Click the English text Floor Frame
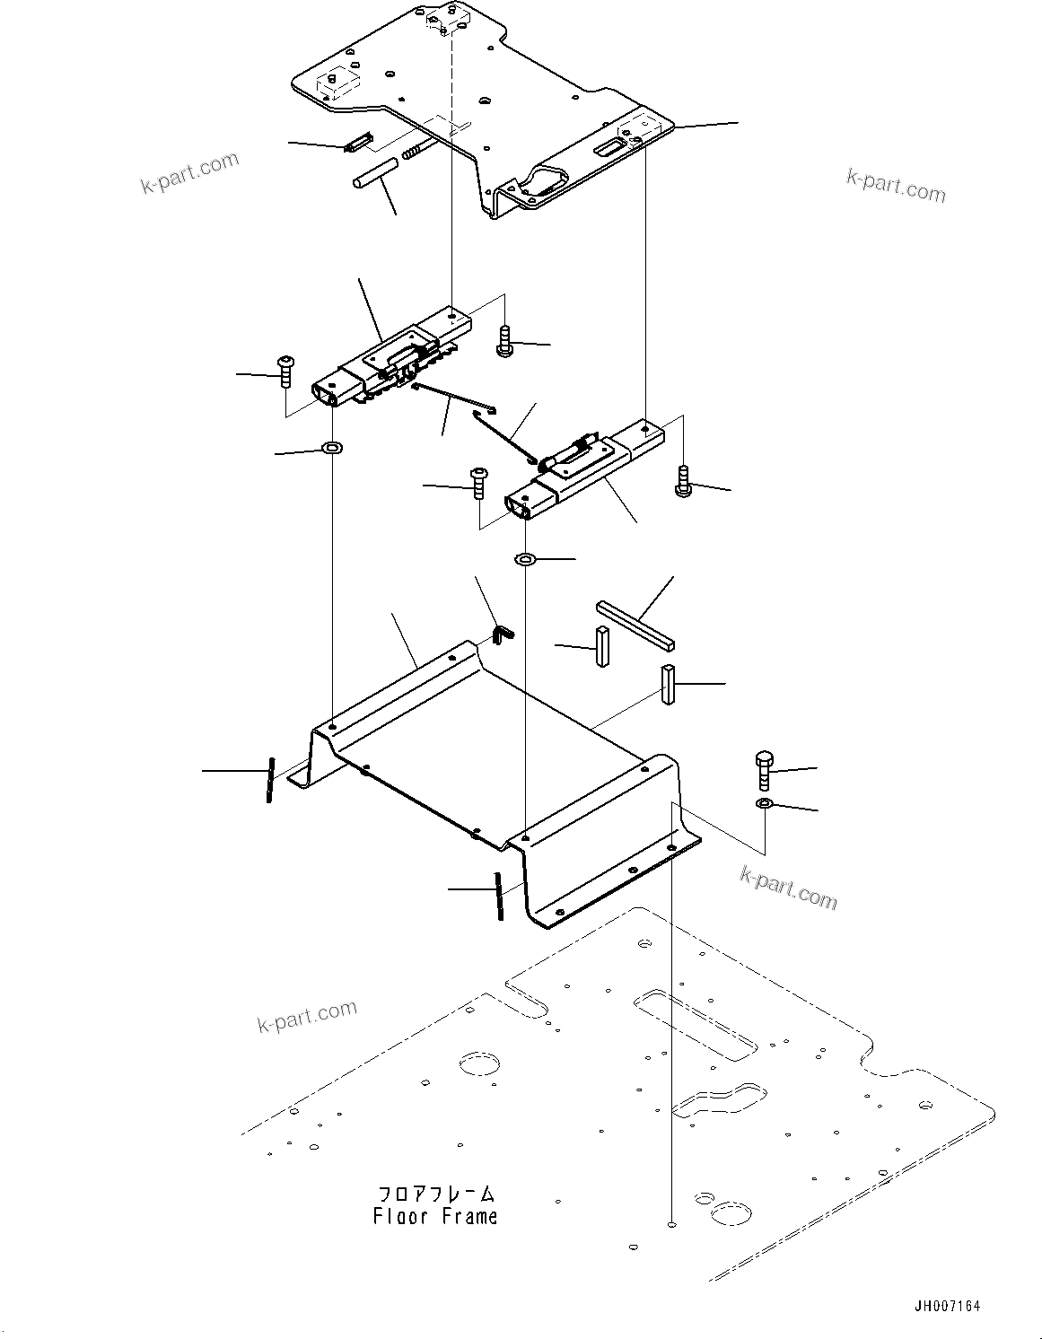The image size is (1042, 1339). click(x=435, y=1217)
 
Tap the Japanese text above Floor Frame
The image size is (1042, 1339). click(x=435, y=1195)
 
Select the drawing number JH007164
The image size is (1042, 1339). click(x=947, y=1305)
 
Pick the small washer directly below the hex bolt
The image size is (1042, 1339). click(x=764, y=801)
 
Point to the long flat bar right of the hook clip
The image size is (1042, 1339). click(x=635, y=625)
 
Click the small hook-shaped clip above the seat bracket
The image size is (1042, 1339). click(x=504, y=634)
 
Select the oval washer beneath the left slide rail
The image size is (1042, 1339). click(x=333, y=446)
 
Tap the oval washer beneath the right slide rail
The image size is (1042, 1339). click(x=525, y=560)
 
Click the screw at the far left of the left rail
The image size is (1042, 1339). click(x=285, y=372)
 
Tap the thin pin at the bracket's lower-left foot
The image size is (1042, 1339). click(x=268, y=781)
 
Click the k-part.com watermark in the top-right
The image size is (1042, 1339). click(x=895, y=186)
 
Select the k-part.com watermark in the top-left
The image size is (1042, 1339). click(x=190, y=173)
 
